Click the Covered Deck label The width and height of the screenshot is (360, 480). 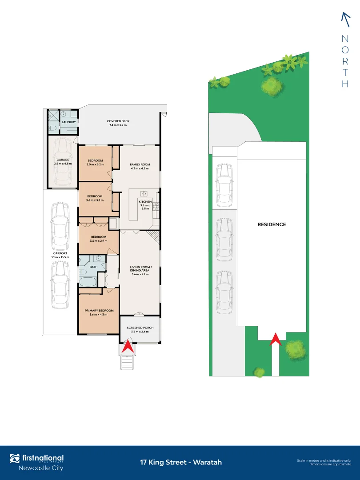click(118, 121)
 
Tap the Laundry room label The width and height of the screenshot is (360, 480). click(69, 122)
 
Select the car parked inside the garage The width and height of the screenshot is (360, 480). click(63, 162)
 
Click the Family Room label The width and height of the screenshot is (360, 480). click(140, 164)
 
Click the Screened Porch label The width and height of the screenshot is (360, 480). click(140, 328)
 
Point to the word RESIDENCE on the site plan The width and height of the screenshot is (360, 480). click(272, 224)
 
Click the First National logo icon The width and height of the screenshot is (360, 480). click(15, 459)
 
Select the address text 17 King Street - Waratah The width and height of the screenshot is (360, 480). click(180, 462)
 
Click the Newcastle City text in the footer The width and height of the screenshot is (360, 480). click(40, 468)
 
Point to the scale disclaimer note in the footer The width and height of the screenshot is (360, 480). click(324, 462)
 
